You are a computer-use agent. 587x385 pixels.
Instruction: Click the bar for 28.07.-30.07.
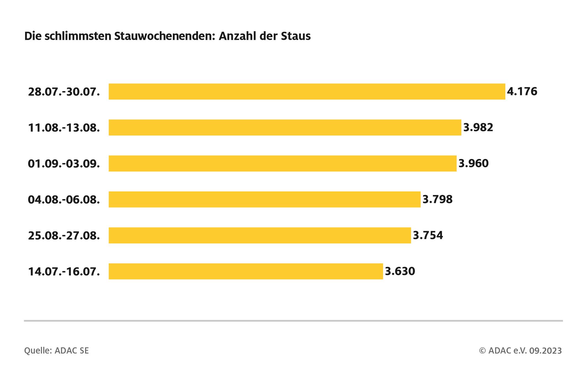point(306,92)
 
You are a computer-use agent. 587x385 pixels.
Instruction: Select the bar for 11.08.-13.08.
point(285,128)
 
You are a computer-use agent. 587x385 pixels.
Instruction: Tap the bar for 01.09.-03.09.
point(282,163)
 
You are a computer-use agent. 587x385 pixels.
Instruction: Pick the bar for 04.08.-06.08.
point(264,199)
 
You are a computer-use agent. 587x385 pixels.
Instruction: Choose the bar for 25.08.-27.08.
point(260,235)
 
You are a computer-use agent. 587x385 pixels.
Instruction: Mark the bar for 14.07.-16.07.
point(245,271)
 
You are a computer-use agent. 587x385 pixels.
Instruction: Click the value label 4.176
point(522,92)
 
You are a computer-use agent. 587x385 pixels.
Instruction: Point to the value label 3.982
point(478,128)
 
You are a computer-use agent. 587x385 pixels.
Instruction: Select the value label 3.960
point(473,163)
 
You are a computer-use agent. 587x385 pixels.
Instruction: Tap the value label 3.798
point(437,199)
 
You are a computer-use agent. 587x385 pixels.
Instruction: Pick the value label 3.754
point(428,235)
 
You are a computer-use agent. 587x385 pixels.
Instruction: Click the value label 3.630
point(400,271)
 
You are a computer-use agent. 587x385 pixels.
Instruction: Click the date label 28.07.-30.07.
point(64,92)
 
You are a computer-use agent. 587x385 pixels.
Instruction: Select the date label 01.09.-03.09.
point(64,164)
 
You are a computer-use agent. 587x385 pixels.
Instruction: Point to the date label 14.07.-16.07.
point(64,272)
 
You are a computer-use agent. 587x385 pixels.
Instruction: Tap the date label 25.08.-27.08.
point(64,236)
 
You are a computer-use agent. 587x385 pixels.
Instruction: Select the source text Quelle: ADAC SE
point(56,351)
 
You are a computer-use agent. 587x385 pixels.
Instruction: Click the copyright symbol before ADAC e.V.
point(482,351)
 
